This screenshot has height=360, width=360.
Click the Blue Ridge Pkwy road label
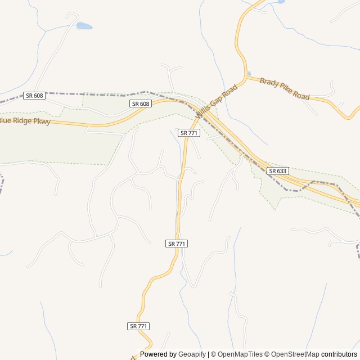(25, 121)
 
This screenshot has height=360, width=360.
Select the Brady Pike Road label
(285, 89)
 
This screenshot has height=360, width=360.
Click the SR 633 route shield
(278, 170)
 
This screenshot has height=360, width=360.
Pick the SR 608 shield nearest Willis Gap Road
(141, 103)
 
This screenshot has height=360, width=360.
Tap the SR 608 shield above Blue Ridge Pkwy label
(34, 96)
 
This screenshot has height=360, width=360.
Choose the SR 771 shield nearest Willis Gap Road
(189, 133)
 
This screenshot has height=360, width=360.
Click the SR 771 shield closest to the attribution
(138, 326)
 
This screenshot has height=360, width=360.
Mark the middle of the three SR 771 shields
(177, 244)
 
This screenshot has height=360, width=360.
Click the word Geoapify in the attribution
(192, 354)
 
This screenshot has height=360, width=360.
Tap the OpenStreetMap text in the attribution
(295, 354)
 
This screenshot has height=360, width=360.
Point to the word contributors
(339, 354)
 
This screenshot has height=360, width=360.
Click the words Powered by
(158, 354)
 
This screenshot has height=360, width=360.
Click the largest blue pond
(84, 26)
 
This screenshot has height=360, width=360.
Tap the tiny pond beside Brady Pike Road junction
(249, 74)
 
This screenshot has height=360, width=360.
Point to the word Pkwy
(42, 121)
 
